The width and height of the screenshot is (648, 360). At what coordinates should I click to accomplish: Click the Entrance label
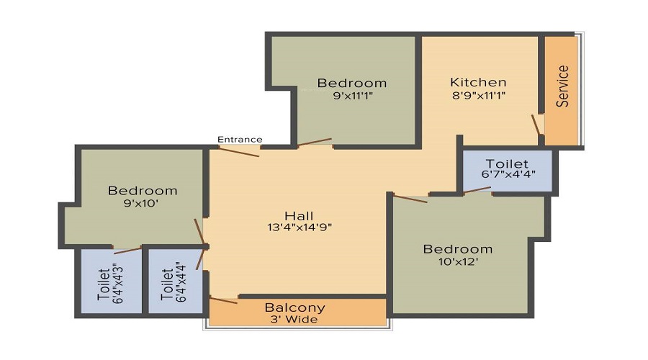click(x=240, y=139)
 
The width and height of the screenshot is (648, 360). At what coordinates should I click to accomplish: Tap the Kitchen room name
click(x=478, y=82)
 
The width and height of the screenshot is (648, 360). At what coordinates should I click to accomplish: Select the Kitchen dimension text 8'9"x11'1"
click(x=479, y=96)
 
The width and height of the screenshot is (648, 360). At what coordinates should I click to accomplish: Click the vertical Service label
click(x=562, y=86)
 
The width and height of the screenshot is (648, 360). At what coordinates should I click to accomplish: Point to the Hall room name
click(x=300, y=216)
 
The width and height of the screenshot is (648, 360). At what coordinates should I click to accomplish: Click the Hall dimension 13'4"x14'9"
click(x=300, y=227)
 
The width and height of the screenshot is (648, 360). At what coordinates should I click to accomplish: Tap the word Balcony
click(x=295, y=307)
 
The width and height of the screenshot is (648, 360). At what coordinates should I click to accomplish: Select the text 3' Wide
click(x=294, y=319)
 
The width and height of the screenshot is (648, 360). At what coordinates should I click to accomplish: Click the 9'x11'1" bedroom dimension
click(x=353, y=96)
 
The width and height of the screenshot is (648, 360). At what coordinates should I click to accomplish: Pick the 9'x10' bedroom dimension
click(x=142, y=203)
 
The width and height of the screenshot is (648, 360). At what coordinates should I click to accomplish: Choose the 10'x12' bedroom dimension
click(x=459, y=261)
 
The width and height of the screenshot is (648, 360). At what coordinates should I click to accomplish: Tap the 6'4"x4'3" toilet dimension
click(x=118, y=283)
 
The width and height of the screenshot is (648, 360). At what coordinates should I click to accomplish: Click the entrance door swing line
click(x=239, y=152)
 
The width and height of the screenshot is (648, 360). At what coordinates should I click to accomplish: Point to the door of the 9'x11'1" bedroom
click(x=315, y=142)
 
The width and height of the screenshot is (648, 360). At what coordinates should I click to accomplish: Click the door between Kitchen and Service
click(x=536, y=125)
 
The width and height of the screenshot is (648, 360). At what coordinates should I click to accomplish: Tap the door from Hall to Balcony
click(x=224, y=300)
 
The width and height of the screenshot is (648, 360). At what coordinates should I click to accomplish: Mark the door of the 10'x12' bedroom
click(x=410, y=199)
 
